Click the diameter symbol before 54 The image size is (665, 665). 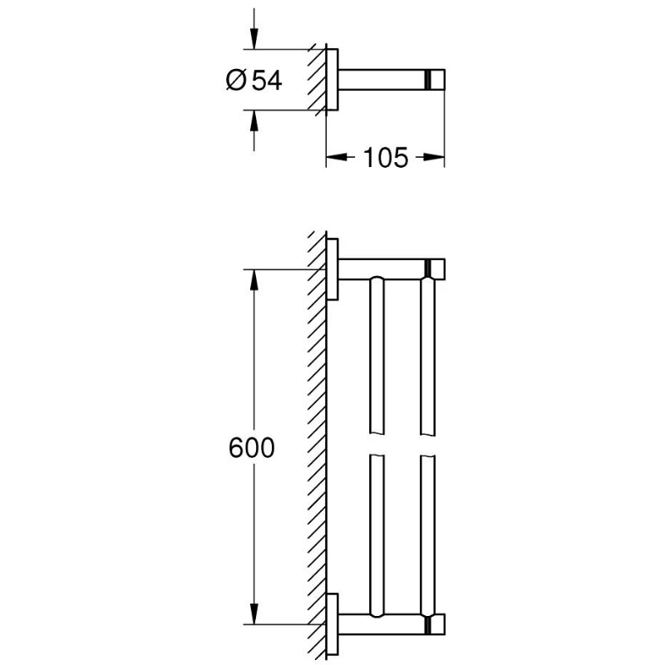coord(235,81)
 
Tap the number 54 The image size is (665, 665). coord(265,81)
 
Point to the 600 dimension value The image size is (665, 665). coord(251,448)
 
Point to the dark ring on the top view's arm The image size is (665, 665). coord(428,81)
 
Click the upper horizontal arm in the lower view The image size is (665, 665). coord(391,268)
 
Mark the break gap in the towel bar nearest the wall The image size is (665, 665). coord(376,443)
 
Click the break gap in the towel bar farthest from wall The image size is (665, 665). coord(428,443)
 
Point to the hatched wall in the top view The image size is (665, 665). coord(315,81)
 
